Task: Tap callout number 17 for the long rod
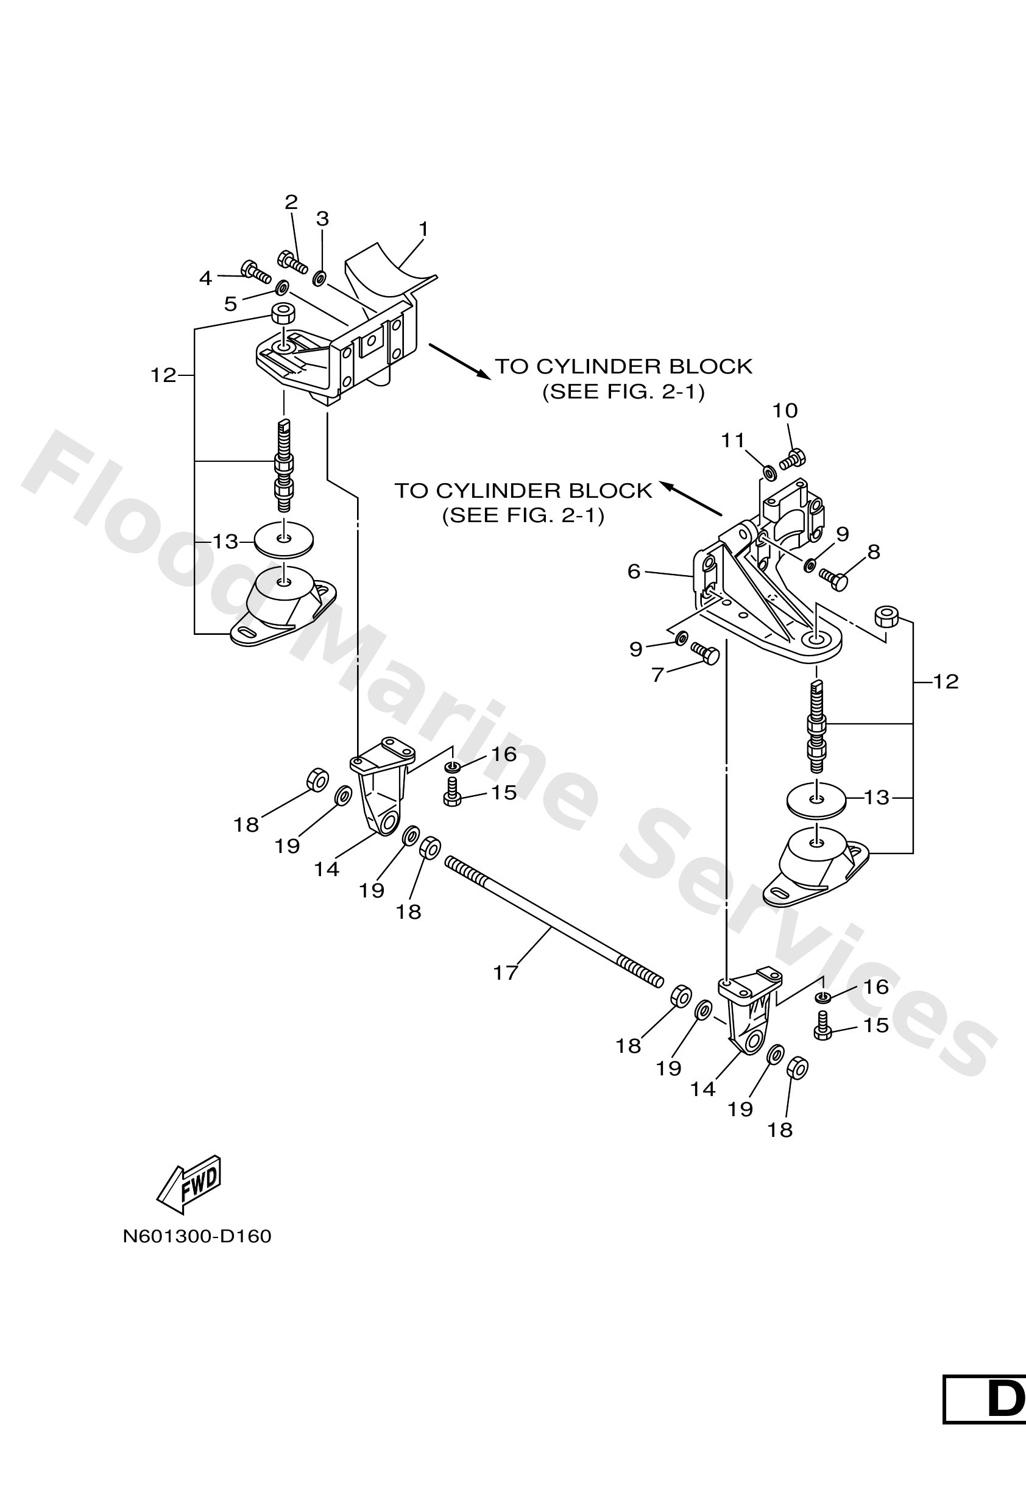(x=505, y=972)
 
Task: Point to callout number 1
(x=423, y=230)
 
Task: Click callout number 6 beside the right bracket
(x=634, y=571)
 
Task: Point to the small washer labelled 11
(x=767, y=471)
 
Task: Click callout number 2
(x=291, y=202)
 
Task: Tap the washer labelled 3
(x=320, y=278)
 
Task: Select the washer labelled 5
(x=283, y=287)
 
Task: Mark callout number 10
(x=785, y=410)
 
